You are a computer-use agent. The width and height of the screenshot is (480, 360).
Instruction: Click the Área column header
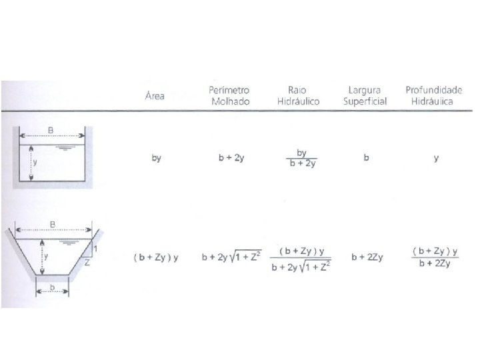[x=155, y=95]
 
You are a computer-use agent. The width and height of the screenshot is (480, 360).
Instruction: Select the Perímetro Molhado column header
[x=229, y=95]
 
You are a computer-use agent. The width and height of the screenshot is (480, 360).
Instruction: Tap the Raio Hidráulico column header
[x=298, y=95]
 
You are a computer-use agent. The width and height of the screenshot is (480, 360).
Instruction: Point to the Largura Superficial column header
[x=365, y=95]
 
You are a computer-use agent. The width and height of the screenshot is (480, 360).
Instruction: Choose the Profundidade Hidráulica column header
[x=433, y=95]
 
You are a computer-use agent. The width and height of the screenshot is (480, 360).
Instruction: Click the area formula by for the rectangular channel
[x=156, y=158]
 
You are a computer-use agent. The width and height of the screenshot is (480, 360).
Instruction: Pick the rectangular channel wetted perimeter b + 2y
[x=231, y=157]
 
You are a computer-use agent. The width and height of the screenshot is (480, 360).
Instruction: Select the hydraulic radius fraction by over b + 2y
[x=302, y=158]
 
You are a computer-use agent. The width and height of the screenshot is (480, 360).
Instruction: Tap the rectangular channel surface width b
[x=366, y=157]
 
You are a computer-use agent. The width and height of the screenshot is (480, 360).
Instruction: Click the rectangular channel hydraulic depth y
[x=436, y=158]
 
